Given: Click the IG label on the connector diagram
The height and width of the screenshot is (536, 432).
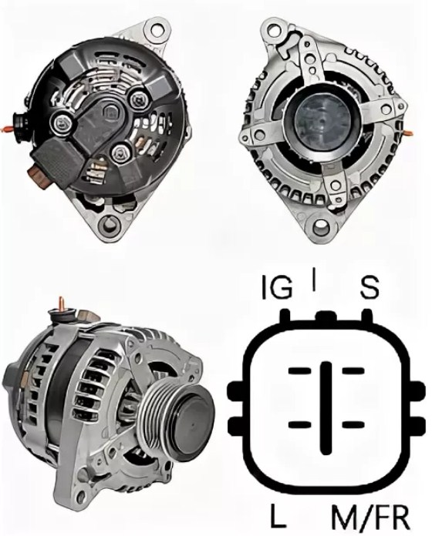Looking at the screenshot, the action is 277,287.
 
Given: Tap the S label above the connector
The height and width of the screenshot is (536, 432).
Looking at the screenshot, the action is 370,287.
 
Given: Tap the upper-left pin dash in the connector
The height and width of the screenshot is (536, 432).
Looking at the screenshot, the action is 299,371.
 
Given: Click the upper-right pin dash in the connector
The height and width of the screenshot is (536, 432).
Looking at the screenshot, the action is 353,371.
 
